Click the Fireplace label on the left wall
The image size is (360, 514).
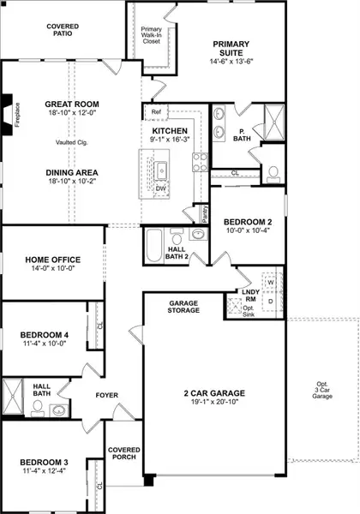(x=17, y=117)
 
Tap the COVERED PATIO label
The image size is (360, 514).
(x=63, y=32)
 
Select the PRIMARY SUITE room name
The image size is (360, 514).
(x=232, y=48)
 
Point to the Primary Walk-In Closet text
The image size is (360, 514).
(x=151, y=34)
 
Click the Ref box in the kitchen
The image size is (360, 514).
(x=156, y=112)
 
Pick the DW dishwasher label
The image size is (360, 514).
(x=161, y=188)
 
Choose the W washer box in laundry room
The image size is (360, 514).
(x=270, y=282)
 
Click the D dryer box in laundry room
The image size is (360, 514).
(x=270, y=301)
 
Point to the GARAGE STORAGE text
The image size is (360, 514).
(x=183, y=307)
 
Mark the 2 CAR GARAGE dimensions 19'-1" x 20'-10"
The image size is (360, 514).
(x=214, y=403)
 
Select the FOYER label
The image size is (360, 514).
(x=107, y=395)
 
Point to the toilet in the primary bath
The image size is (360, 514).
(x=273, y=174)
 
